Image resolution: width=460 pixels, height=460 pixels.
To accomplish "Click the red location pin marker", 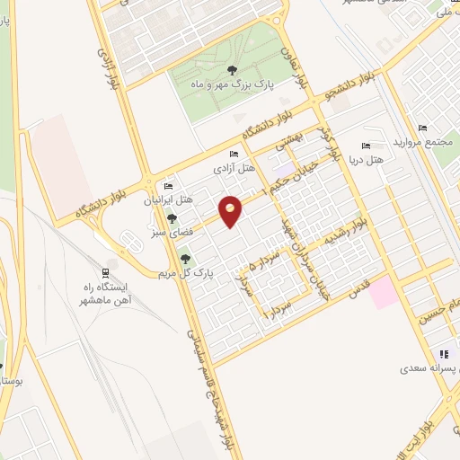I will [231, 211].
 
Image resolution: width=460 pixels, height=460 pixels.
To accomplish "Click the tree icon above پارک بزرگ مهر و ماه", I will [232, 69].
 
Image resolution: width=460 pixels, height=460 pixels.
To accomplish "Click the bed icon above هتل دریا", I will [366, 146].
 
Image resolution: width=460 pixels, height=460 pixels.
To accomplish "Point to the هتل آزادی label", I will [234, 168].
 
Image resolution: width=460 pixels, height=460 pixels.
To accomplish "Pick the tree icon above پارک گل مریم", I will [185, 260].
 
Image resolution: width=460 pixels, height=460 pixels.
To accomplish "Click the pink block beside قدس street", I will [385, 293].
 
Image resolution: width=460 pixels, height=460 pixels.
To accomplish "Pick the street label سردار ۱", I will [276, 313].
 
